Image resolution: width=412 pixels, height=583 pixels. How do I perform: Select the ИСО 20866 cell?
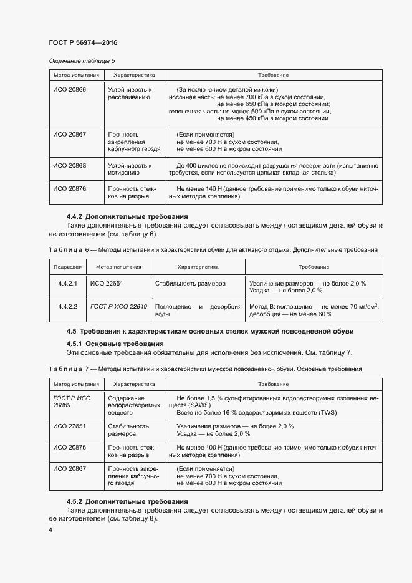coord(70,90)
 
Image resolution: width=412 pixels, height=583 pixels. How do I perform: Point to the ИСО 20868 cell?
coord(70,166)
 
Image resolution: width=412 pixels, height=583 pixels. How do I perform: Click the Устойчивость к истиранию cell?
coord(130,170)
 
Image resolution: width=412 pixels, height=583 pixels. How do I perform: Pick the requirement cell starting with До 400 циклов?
coord(277,170)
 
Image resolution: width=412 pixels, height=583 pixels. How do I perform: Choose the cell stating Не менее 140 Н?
coord(277,192)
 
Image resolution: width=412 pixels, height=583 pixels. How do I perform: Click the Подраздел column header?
coord(67,267)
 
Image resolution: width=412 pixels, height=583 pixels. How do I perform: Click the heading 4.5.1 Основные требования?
coord(115,344)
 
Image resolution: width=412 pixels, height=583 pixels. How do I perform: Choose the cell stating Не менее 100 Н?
coord(277,451)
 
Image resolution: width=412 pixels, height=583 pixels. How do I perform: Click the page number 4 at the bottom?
coord(50,530)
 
